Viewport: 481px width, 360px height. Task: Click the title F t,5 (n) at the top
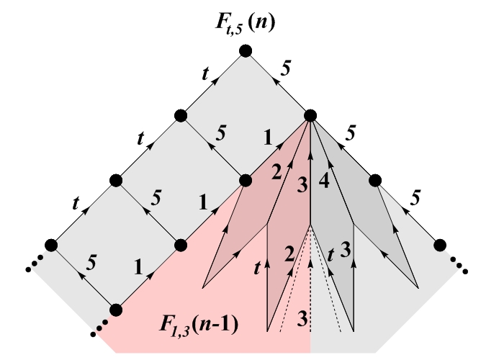pyautogui.click(x=245, y=19)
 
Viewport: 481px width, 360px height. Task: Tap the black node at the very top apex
pyautogui.click(x=245, y=50)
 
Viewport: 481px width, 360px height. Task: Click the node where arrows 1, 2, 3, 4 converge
pyautogui.click(x=310, y=115)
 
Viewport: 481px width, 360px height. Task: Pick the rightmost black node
pyautogui.click(x=441, y=245)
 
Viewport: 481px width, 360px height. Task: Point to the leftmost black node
pyautogui.click(x=51, y=245)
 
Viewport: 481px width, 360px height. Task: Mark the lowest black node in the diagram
pyautogui.click(x=115, y=310)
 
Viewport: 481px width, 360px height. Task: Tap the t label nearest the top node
pyautogui.click(x=207, y=73)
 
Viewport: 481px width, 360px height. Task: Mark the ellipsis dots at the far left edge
pyautogui.click(x=32, y=268)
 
